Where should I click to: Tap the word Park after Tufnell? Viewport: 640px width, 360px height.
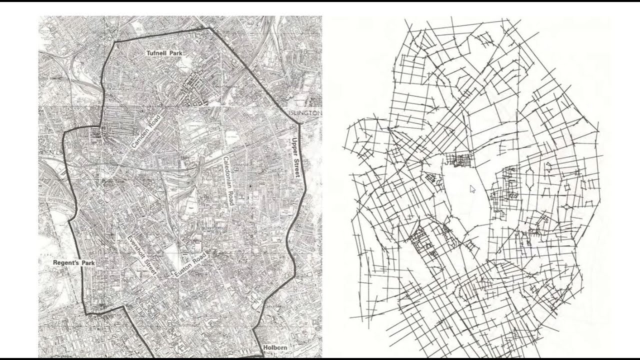pos(175,52)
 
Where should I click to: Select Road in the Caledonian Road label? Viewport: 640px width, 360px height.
pos(230,201)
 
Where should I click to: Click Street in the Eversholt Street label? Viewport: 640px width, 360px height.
pos(149,267)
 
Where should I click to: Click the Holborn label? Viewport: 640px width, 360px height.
pos(274,347)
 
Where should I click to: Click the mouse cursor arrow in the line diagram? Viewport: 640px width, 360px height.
pos(472,188)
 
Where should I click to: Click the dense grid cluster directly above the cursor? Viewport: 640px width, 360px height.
pos(459,160)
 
